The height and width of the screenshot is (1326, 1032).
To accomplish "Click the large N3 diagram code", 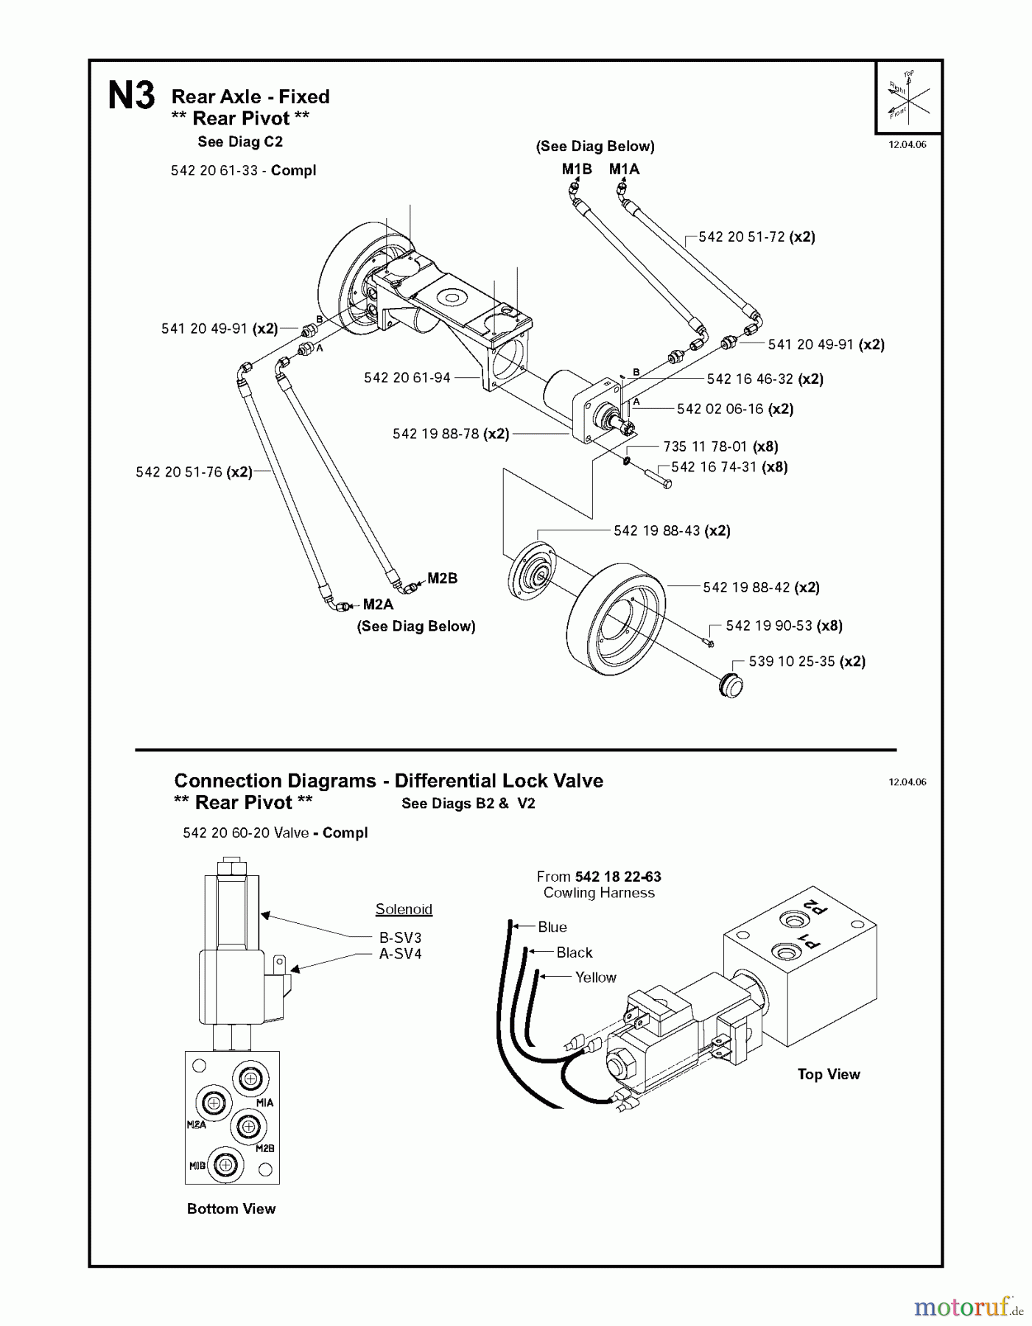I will [x=131, y=97].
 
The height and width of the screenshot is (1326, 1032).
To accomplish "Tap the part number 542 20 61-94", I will [x=407, y=378].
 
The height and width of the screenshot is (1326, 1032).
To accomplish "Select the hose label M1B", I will [x=577, y=169].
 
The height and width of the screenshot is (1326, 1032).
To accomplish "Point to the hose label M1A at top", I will [x=624, y=169].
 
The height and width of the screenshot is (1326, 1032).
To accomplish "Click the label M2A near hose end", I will [x=378, y=605].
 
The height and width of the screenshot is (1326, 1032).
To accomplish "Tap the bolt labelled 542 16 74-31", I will [x=659, y=480].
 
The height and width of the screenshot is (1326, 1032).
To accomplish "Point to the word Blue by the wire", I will [x=552, y=927].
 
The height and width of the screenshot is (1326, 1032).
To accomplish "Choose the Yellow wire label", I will [x=595, y=978].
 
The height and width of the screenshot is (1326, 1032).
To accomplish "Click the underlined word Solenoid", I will [x=404, y=909].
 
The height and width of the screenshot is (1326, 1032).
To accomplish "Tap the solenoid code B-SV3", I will [x=400, y=938].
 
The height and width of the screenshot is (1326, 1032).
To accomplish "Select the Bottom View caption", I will [x=231, y=1209].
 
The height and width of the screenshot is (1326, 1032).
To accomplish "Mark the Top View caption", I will [x=828, y=1075].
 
